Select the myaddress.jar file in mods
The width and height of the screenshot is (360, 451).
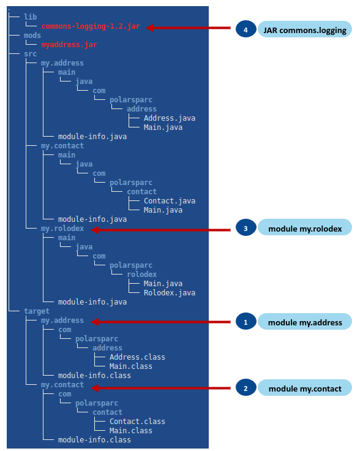coord(69,45)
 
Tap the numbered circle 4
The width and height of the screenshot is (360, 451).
coord(245,29)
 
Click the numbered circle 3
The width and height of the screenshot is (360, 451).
coord(245,229)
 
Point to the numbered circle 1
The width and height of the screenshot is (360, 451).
coord(245,321)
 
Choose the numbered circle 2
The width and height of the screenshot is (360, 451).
coord(245,388)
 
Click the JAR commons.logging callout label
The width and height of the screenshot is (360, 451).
coord(304,29)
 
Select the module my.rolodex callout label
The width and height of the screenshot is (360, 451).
coord(304,229)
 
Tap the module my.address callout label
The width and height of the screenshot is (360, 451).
coord(304,321)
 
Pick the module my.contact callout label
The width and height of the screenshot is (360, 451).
coord(304,388)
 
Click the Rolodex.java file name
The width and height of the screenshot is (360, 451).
coord(170,293)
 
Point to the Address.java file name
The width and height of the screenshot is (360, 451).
coord(170,118)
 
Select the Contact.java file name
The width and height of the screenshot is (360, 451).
coord(170,201)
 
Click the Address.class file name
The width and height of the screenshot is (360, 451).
coord(137,357)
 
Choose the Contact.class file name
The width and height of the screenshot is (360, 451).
coord(137,422)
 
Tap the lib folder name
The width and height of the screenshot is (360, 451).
coord(31,17)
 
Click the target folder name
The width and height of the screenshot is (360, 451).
coord(37,311)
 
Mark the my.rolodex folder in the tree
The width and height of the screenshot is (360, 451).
coord(62,229)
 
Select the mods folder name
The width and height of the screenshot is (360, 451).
coord(32,36)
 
